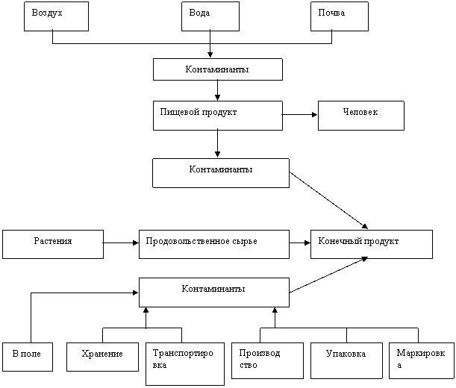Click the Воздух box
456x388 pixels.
coord(56,16)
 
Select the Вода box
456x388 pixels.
coord(210,16)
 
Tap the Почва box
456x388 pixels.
coord(340,16)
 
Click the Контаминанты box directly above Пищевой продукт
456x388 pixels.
coord(217,69)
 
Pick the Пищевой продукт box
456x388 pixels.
coord(217,115)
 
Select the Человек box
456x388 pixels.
coord(360,115)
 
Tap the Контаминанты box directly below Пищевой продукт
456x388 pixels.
coord(220,172)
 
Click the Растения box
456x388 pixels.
coord(53,244)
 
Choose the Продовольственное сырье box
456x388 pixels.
coord(213,244)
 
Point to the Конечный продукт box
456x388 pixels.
coord(371,244)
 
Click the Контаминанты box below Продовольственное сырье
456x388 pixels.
coord(213,292)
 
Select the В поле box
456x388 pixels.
coord(27,357)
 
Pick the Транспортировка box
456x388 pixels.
coord(184,363)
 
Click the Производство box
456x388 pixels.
coord(267,360)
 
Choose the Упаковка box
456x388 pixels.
coord(346,360)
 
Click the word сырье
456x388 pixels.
coord(242,242)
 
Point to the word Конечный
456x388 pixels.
coord(339,242)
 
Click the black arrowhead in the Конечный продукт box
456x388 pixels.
coord(365,258)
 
